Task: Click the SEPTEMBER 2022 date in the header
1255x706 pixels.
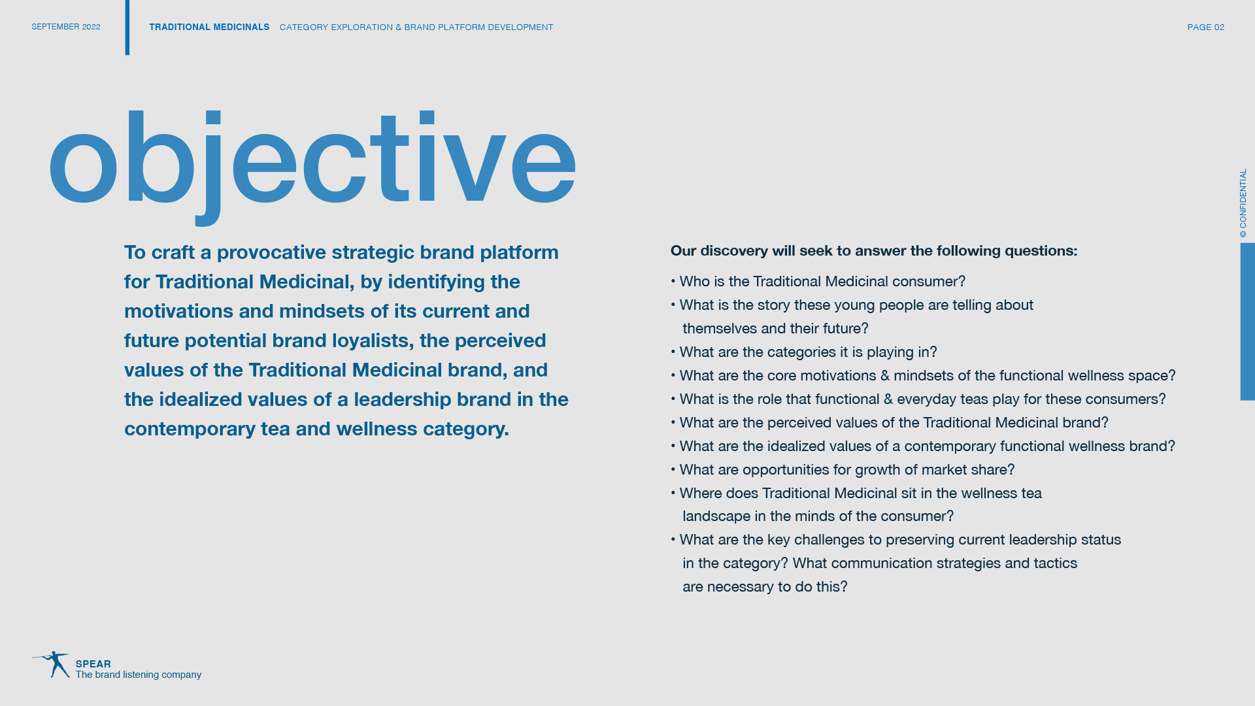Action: (x=66, y=27)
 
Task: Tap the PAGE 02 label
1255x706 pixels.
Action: (x=1205, y=27)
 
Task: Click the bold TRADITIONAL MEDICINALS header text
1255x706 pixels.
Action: (x=209, y=27)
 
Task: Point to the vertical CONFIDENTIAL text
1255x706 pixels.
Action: (x=1243, y=203)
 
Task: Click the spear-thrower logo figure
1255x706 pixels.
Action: (x=52, y=664)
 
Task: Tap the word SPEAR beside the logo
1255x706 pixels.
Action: (x=93, y=664)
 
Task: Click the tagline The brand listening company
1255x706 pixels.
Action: (x=139, y=675)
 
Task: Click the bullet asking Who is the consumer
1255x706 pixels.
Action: (x=818, y=282)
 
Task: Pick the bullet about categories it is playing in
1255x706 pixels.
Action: (x=804, y=352)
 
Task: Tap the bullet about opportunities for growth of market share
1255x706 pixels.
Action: (x=843, y=470)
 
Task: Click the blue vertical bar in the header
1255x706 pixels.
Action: (x=127, y=27)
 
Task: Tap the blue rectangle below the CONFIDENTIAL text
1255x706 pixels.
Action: (x=1248, y=322)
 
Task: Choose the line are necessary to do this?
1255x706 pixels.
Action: (x=765, y=587)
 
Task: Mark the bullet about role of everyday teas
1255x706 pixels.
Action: (x=918, y=399)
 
